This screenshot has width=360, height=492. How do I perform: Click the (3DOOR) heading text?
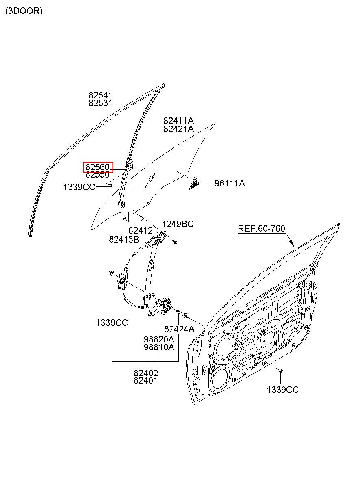(x=24, y=11)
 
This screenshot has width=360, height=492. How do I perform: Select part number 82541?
(x=100, y=95)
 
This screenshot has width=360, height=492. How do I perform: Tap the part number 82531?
(x=100, y=103)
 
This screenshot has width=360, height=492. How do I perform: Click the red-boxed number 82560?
(x=98, y=167)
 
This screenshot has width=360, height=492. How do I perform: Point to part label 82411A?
(x=178, y=121)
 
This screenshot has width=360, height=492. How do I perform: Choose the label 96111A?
(x=230, y=183)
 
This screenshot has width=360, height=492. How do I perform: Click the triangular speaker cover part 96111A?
(x=195, y=183)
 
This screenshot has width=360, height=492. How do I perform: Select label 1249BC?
(x=178, y=224)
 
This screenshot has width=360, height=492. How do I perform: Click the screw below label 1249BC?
(x=175, y=242)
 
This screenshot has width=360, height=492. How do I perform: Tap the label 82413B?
(x=124, y=239)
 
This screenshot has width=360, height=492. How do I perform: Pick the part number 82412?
(x=140, y=231)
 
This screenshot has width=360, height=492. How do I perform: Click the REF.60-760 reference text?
(x=261, y=228)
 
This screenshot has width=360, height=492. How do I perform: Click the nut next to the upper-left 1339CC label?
(x=110, y=185)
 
